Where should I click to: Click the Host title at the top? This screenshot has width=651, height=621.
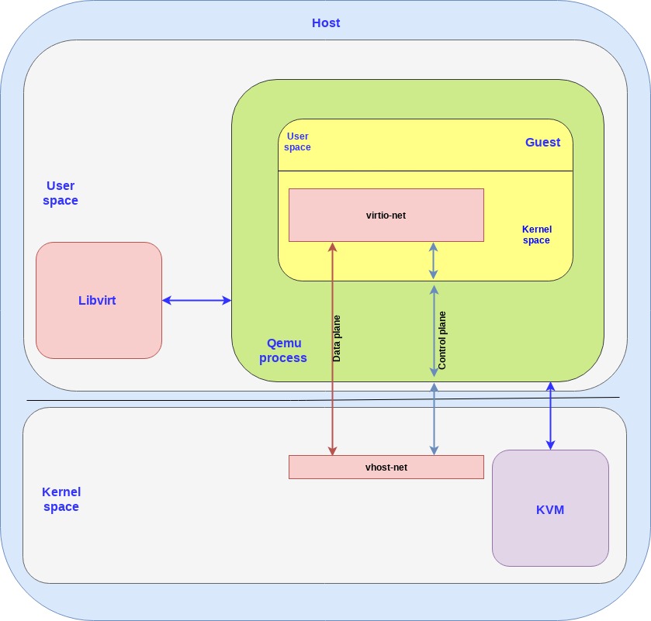[326, 22]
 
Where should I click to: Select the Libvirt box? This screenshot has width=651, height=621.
[99, 300]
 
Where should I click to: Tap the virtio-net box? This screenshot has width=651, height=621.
[386, 215]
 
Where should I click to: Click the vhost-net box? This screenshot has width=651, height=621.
[386, 467]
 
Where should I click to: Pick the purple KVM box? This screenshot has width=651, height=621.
[550, 509]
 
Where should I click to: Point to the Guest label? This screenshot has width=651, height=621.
[542, 142]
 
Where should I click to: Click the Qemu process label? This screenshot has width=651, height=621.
[283, 350]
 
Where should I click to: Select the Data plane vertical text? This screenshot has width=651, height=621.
[337, 338]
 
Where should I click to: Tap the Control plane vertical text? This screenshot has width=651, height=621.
[442, 340]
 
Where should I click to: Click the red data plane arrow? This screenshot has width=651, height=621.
[332, 388]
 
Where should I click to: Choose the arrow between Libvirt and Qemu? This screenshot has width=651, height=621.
[196, 300]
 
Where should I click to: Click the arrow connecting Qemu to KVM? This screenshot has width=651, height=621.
[550, 416]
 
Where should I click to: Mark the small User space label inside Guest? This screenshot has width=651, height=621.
[297, 142]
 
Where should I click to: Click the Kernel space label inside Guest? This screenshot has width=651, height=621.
[536, 235]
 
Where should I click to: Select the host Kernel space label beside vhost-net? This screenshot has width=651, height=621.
[61, 499]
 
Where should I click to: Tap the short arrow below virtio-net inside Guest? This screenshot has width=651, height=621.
[434, 260]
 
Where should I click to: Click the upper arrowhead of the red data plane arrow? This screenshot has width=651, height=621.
[332, 247]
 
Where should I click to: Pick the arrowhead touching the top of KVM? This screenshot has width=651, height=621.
[550, 445]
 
